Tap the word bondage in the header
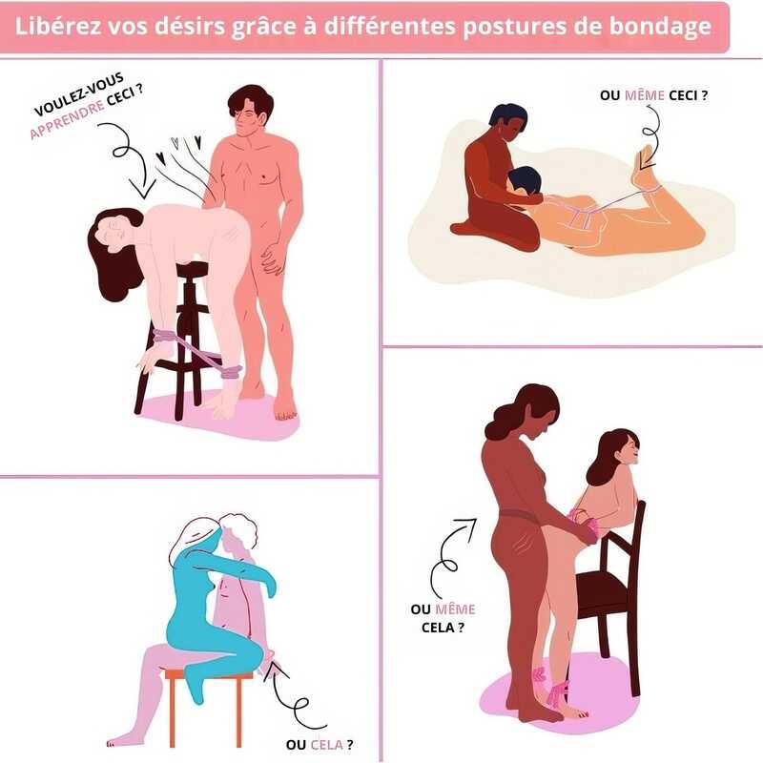pyautogui.click(x=660, y=28)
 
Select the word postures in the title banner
pyautogui.click(x=514, y=28)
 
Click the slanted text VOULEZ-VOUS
pyautogui.click(x=78, y=94)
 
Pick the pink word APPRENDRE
pyautogui.click(x=67, y=120)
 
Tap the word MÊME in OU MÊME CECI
pyautogui.click(x=645, y=94)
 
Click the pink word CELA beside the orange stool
pyautogui.click(x=326, y=745)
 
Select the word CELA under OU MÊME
pyautogui.click(x=438, y=628)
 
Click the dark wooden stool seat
pyautogui.click(x=194, y=269)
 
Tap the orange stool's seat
pyautogui.click(x=209, y=674)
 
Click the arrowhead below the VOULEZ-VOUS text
pyautogui.click(x=144, y=190)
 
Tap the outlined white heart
pyautogui.click(x=175, y=142)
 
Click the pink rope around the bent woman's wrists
pyautogui.click(x=165, y=337)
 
